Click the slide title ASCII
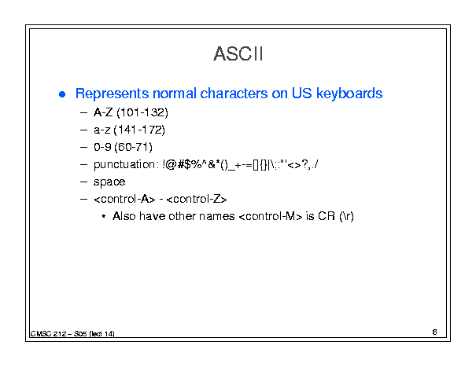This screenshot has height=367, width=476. (238, 54)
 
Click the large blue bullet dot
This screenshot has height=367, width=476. (62, 94)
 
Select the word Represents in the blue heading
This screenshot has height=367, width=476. (112, 94)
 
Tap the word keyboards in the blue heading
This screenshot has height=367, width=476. (349, 94)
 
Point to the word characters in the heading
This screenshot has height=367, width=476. (234, 94)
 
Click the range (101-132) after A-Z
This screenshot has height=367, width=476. (142, 112)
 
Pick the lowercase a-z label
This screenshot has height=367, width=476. (102, 130)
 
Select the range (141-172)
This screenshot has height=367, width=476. (139, 130)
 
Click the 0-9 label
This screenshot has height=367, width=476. (102, 147)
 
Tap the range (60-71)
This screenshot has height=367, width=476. (133, 147)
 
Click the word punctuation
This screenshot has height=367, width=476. (124, 165)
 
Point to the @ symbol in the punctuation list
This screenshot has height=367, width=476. (172, 164)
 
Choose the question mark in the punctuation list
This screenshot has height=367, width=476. (305, 164)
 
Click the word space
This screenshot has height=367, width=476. (109, 182)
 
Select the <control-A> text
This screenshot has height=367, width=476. (124, 199)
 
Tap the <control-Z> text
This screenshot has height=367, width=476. (197, 199)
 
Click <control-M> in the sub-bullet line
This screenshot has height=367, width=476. (271, 216)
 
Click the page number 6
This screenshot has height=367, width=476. (434, 332)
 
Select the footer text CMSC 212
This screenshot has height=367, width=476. (48, 334)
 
